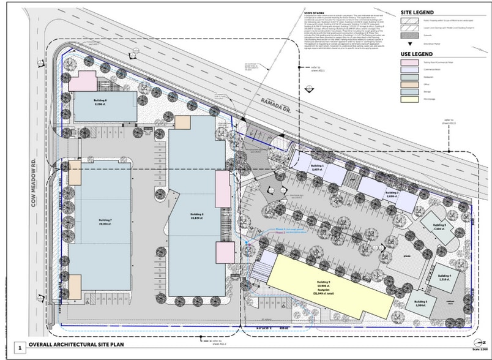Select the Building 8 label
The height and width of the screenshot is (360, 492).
[x=197, y=215]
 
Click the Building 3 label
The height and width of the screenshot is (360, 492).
[x=440, y=226]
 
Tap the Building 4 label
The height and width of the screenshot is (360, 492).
[x=444, y=277]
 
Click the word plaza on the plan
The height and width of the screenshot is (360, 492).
[x=406, y=250]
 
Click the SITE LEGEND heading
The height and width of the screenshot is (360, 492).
[x=417, y=12]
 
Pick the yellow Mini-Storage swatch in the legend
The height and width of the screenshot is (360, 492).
[x=411, y=99]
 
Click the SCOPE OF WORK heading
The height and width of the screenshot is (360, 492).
[x=315, y=13]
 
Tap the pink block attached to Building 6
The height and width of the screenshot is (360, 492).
[x=86, y=81]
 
